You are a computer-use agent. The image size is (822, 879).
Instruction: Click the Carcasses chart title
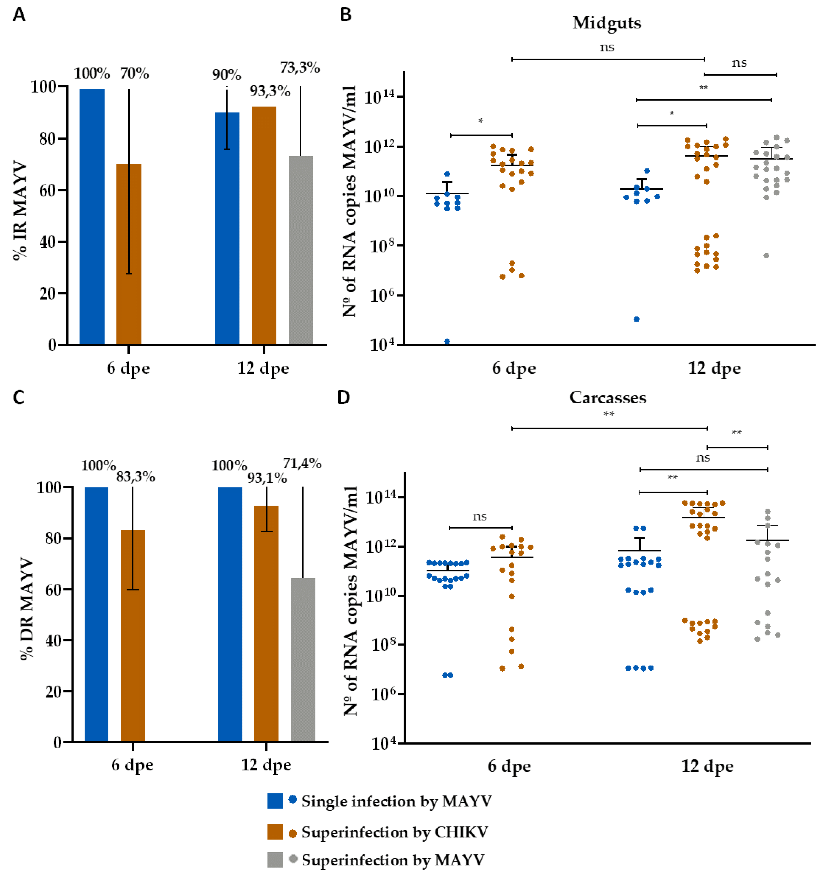pos(608,397)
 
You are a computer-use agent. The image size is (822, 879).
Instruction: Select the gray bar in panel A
pos(301,250)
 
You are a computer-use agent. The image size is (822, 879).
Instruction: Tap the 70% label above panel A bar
pos(135,73)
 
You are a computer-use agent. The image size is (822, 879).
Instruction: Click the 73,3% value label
pos(300,68)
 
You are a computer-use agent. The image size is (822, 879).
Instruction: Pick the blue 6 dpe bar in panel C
pos(96,614)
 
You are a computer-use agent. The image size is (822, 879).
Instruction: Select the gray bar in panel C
pos(303,659)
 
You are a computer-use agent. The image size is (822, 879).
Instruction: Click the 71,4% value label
pos(302,463)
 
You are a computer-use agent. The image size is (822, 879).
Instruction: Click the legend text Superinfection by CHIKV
pos(394,832)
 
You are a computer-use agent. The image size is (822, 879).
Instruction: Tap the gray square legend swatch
pos(275,860)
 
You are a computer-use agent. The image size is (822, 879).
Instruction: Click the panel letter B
pos(345,15)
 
